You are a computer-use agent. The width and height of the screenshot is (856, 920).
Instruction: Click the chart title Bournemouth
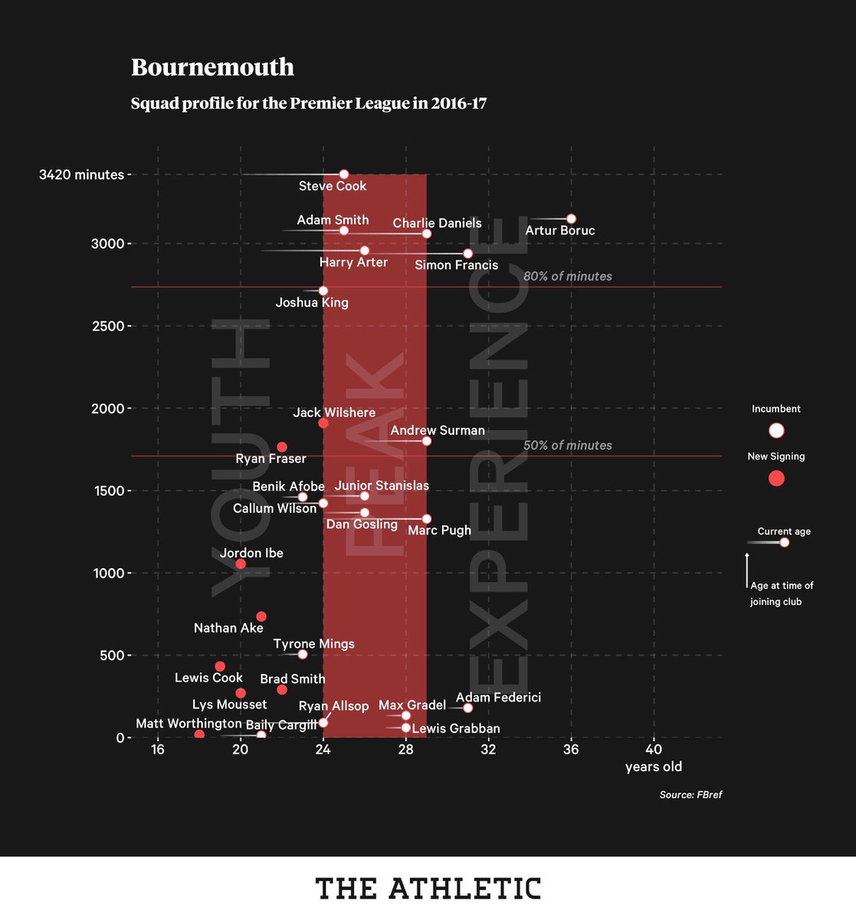pos(212,67)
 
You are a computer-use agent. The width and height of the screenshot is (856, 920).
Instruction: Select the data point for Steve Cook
pos(343,174)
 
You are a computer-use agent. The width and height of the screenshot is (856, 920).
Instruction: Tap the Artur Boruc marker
pos(571,219)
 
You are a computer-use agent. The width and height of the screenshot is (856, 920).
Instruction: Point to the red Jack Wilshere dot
pos(323,423)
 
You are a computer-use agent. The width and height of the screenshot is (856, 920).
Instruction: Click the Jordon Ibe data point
pos(241,563)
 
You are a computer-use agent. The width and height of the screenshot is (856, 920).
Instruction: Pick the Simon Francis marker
pos(468,254)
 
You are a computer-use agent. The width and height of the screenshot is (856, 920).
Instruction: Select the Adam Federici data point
pos(468,708)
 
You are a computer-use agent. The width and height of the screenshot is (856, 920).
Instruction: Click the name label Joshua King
pos(312,303)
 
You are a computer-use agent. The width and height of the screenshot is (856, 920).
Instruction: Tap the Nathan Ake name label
pos(228,628)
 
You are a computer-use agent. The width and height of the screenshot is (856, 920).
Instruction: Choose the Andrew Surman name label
pos(438,430)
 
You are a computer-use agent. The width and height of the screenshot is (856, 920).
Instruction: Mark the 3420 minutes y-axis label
pos(81,175)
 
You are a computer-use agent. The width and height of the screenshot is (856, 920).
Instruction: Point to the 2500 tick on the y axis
pos(107,326)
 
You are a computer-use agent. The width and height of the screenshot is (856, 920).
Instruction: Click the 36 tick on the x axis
pos(571,749)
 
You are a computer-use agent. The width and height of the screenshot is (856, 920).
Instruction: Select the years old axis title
pos(653,767)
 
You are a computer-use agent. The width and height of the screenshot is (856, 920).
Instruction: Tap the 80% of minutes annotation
pos(567,276)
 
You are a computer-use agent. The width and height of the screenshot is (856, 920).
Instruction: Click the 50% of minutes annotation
pos(567,445)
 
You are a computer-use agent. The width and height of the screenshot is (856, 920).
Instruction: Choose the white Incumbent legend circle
pos(776,430)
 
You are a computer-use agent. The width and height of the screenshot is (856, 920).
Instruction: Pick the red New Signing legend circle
pos(776,478)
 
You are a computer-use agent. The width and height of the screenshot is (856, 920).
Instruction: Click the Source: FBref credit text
pos(690,795)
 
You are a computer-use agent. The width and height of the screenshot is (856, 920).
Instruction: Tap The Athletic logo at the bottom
pos(428,889)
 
